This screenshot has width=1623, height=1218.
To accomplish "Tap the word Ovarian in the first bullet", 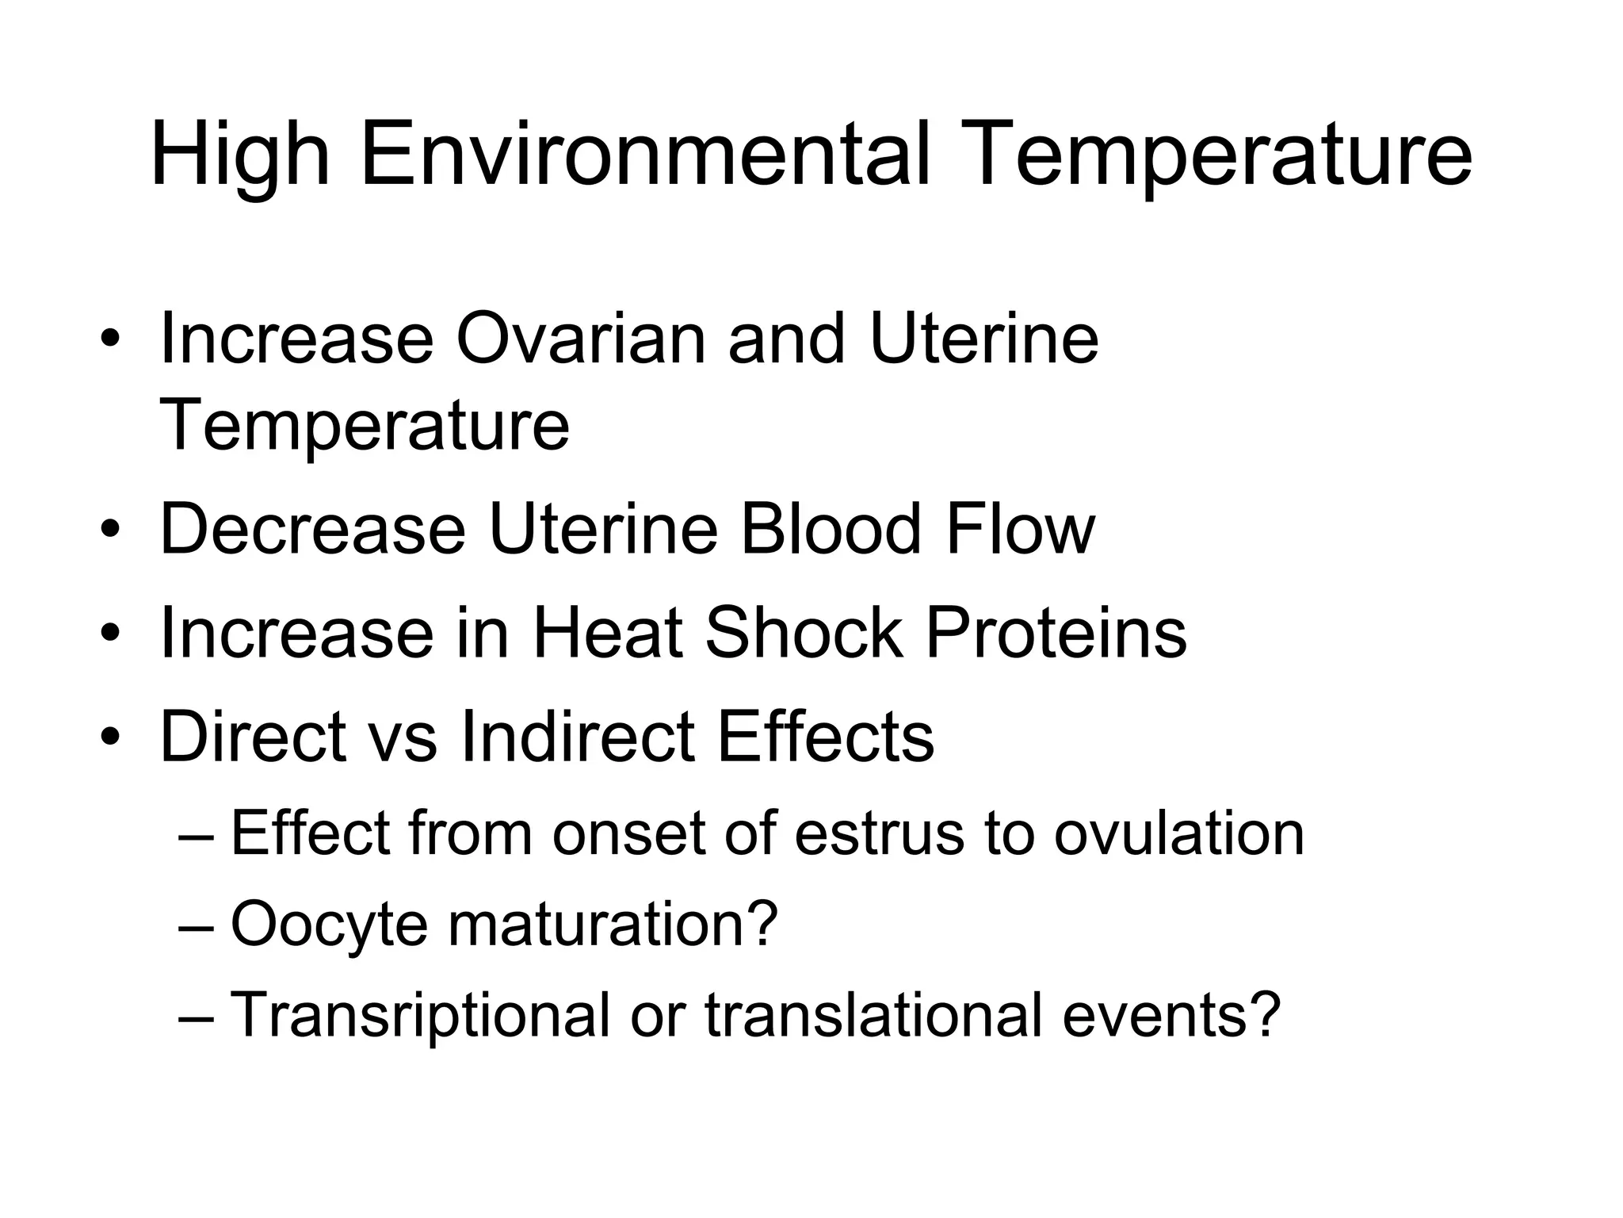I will tap(580, 339).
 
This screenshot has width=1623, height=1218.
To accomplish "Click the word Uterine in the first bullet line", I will tap(983, 339).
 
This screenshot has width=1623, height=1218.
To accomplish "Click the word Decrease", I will tap(312, 529).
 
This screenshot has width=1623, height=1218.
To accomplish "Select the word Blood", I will tap(830, 529).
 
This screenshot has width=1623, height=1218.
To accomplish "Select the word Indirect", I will tap(578, 736).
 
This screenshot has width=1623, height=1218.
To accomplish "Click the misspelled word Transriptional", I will tap(420, 1015).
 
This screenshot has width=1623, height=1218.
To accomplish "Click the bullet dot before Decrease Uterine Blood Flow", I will tap(110, 530).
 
